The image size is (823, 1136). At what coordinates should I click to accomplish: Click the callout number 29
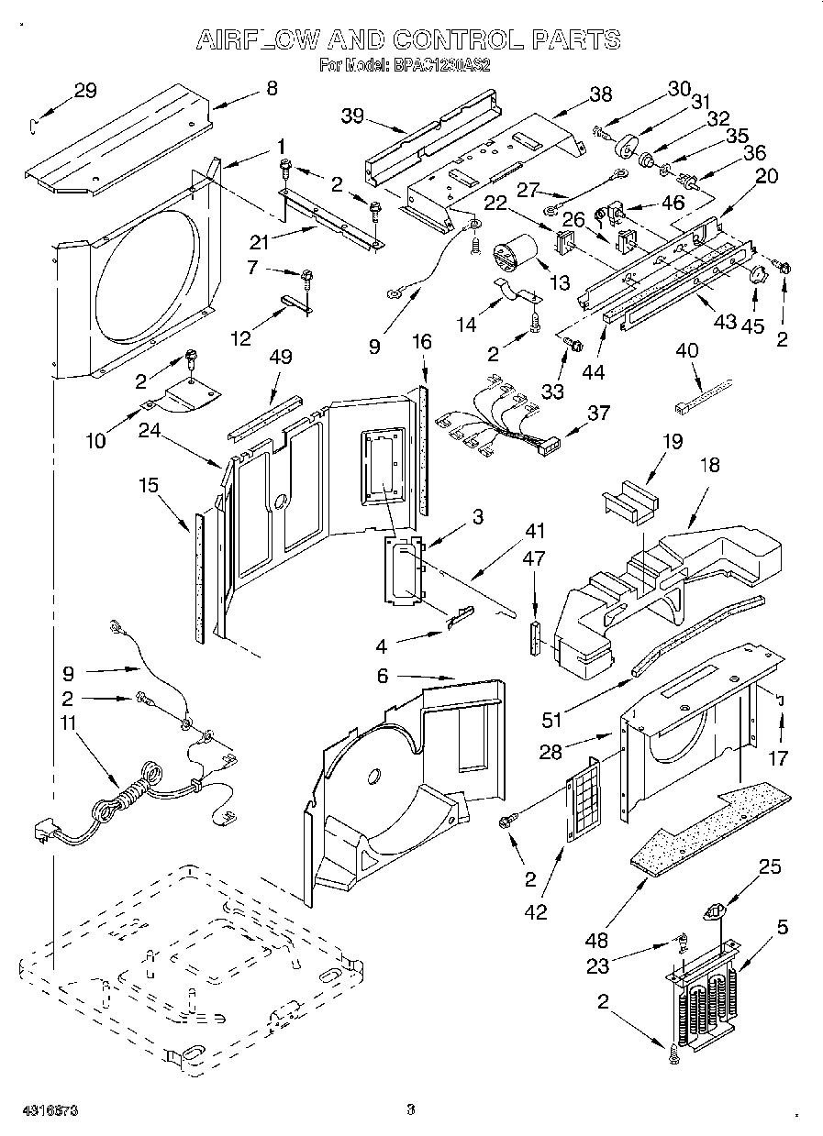click(84, 90)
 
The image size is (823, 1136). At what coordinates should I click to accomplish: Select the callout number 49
click(281, 357)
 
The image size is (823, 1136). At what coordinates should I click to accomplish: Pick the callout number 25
click(771, 867)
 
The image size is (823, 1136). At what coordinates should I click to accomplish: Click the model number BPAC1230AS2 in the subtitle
click(442, 65)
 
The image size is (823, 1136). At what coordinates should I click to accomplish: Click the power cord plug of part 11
click(41, 831)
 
